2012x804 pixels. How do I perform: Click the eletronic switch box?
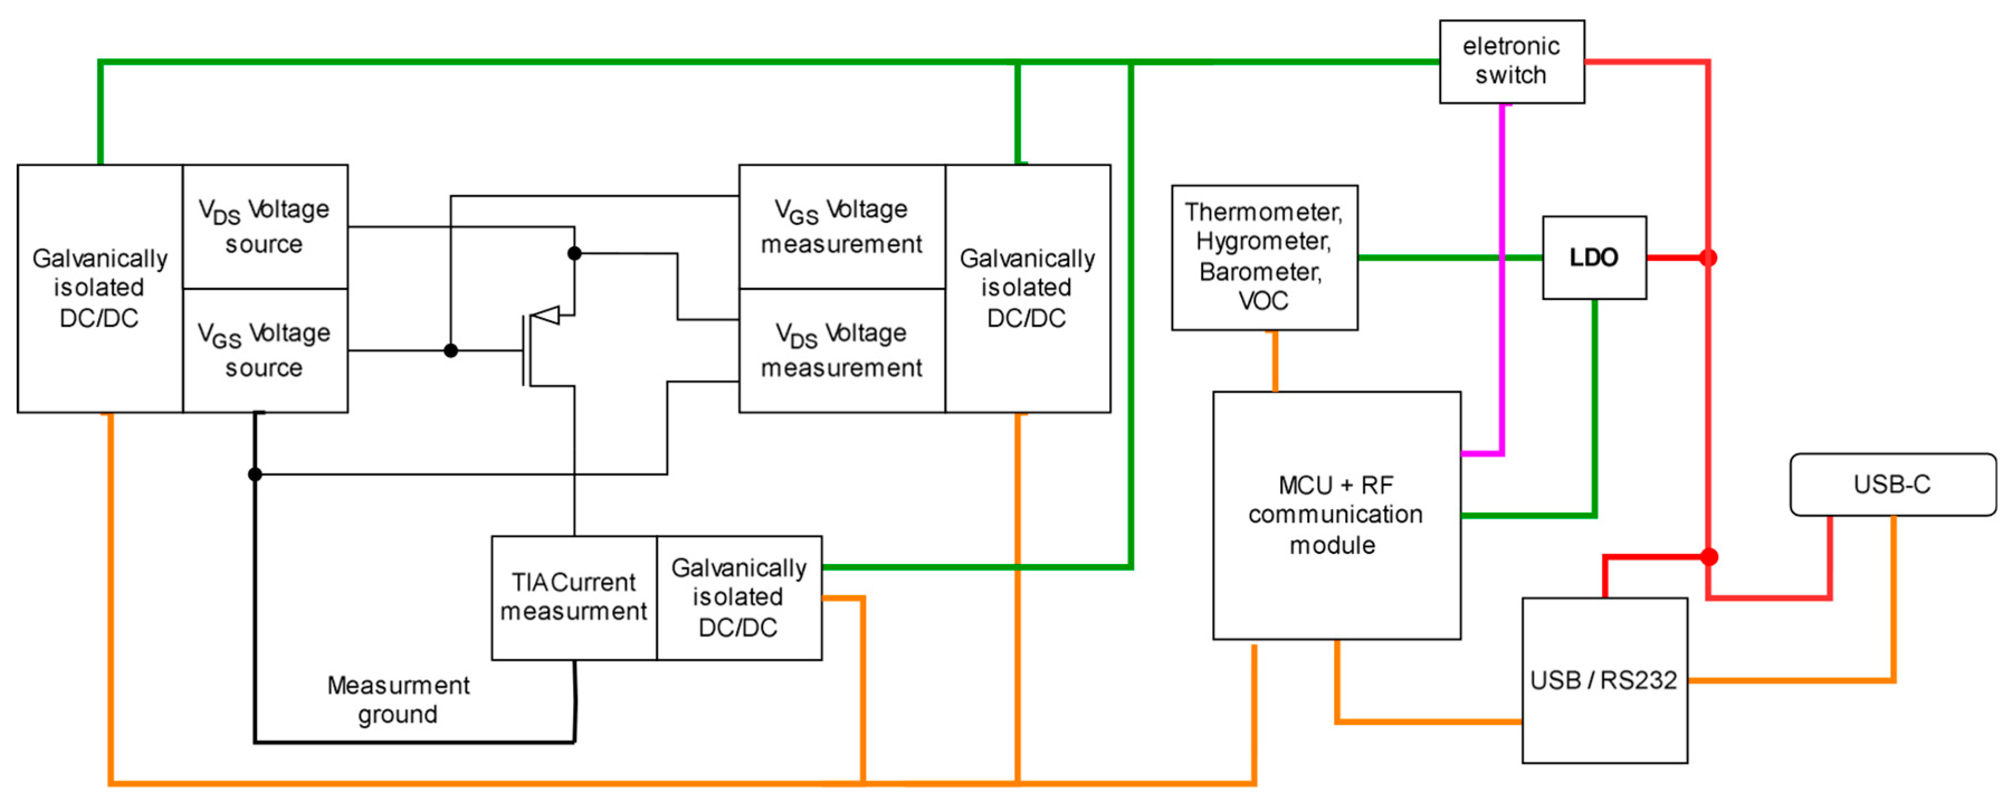[1512, 61]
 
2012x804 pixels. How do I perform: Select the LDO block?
[1594, 257]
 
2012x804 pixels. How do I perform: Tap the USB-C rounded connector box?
[1892, 485]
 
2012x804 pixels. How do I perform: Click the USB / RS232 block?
[1604, 680]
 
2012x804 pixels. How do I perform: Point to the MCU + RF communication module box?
[1336, 515]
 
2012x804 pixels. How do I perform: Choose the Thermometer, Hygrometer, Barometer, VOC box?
[1264, 257]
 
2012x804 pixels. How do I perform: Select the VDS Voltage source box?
[265, 226]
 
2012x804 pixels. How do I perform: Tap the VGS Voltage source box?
[265, 351]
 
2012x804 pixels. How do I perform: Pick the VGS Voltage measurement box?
[841, 226]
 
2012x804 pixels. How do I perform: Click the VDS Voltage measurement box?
[841, 351]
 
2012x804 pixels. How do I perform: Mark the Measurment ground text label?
[398, 700]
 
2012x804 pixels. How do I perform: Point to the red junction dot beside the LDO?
[1708, 257]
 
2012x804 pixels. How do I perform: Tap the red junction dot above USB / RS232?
[1709, 557]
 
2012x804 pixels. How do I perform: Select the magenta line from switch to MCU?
[1502, 273]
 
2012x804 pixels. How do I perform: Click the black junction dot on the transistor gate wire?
[451, 351]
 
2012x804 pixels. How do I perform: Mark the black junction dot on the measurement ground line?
[255, 474]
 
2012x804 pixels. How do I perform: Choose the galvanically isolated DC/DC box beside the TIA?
[739, 597]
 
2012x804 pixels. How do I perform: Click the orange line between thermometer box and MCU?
[1275, 361]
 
